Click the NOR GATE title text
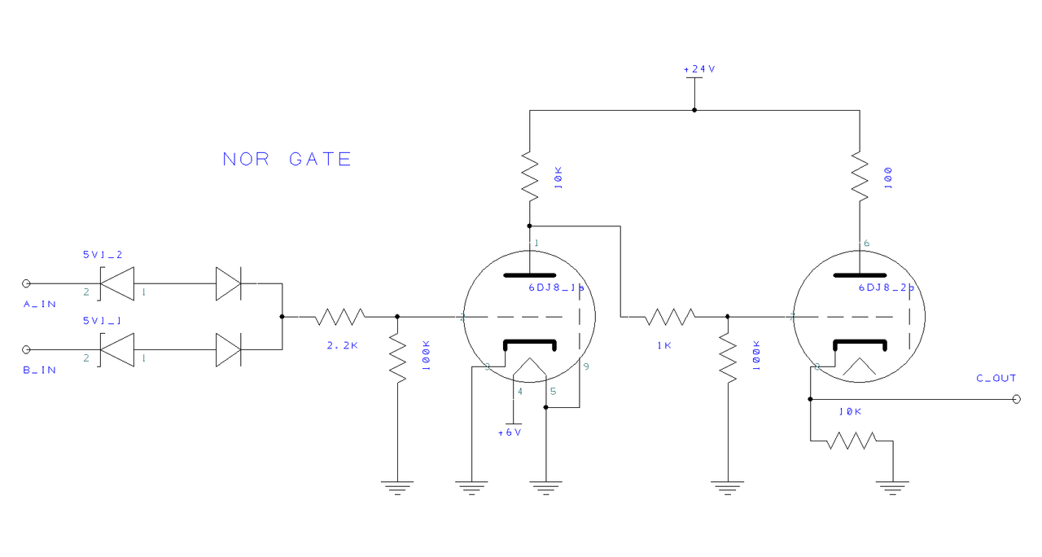point(287,159)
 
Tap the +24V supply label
point(699,69)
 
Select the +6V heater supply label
point(510,432)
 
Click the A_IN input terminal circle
point(26,283)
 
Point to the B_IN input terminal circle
point(26,349)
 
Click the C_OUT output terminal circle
point(1016,399)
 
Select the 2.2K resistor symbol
point(340,316)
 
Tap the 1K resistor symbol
point(670,316)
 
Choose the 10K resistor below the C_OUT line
point(851,441)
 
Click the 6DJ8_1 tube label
point(556,287)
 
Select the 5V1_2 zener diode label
point(102,255)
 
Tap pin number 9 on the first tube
point(586,366)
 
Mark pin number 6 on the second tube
point(866,243)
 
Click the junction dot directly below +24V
point(694,109)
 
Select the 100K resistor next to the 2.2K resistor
point(397,358)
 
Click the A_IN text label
point(40,304)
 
